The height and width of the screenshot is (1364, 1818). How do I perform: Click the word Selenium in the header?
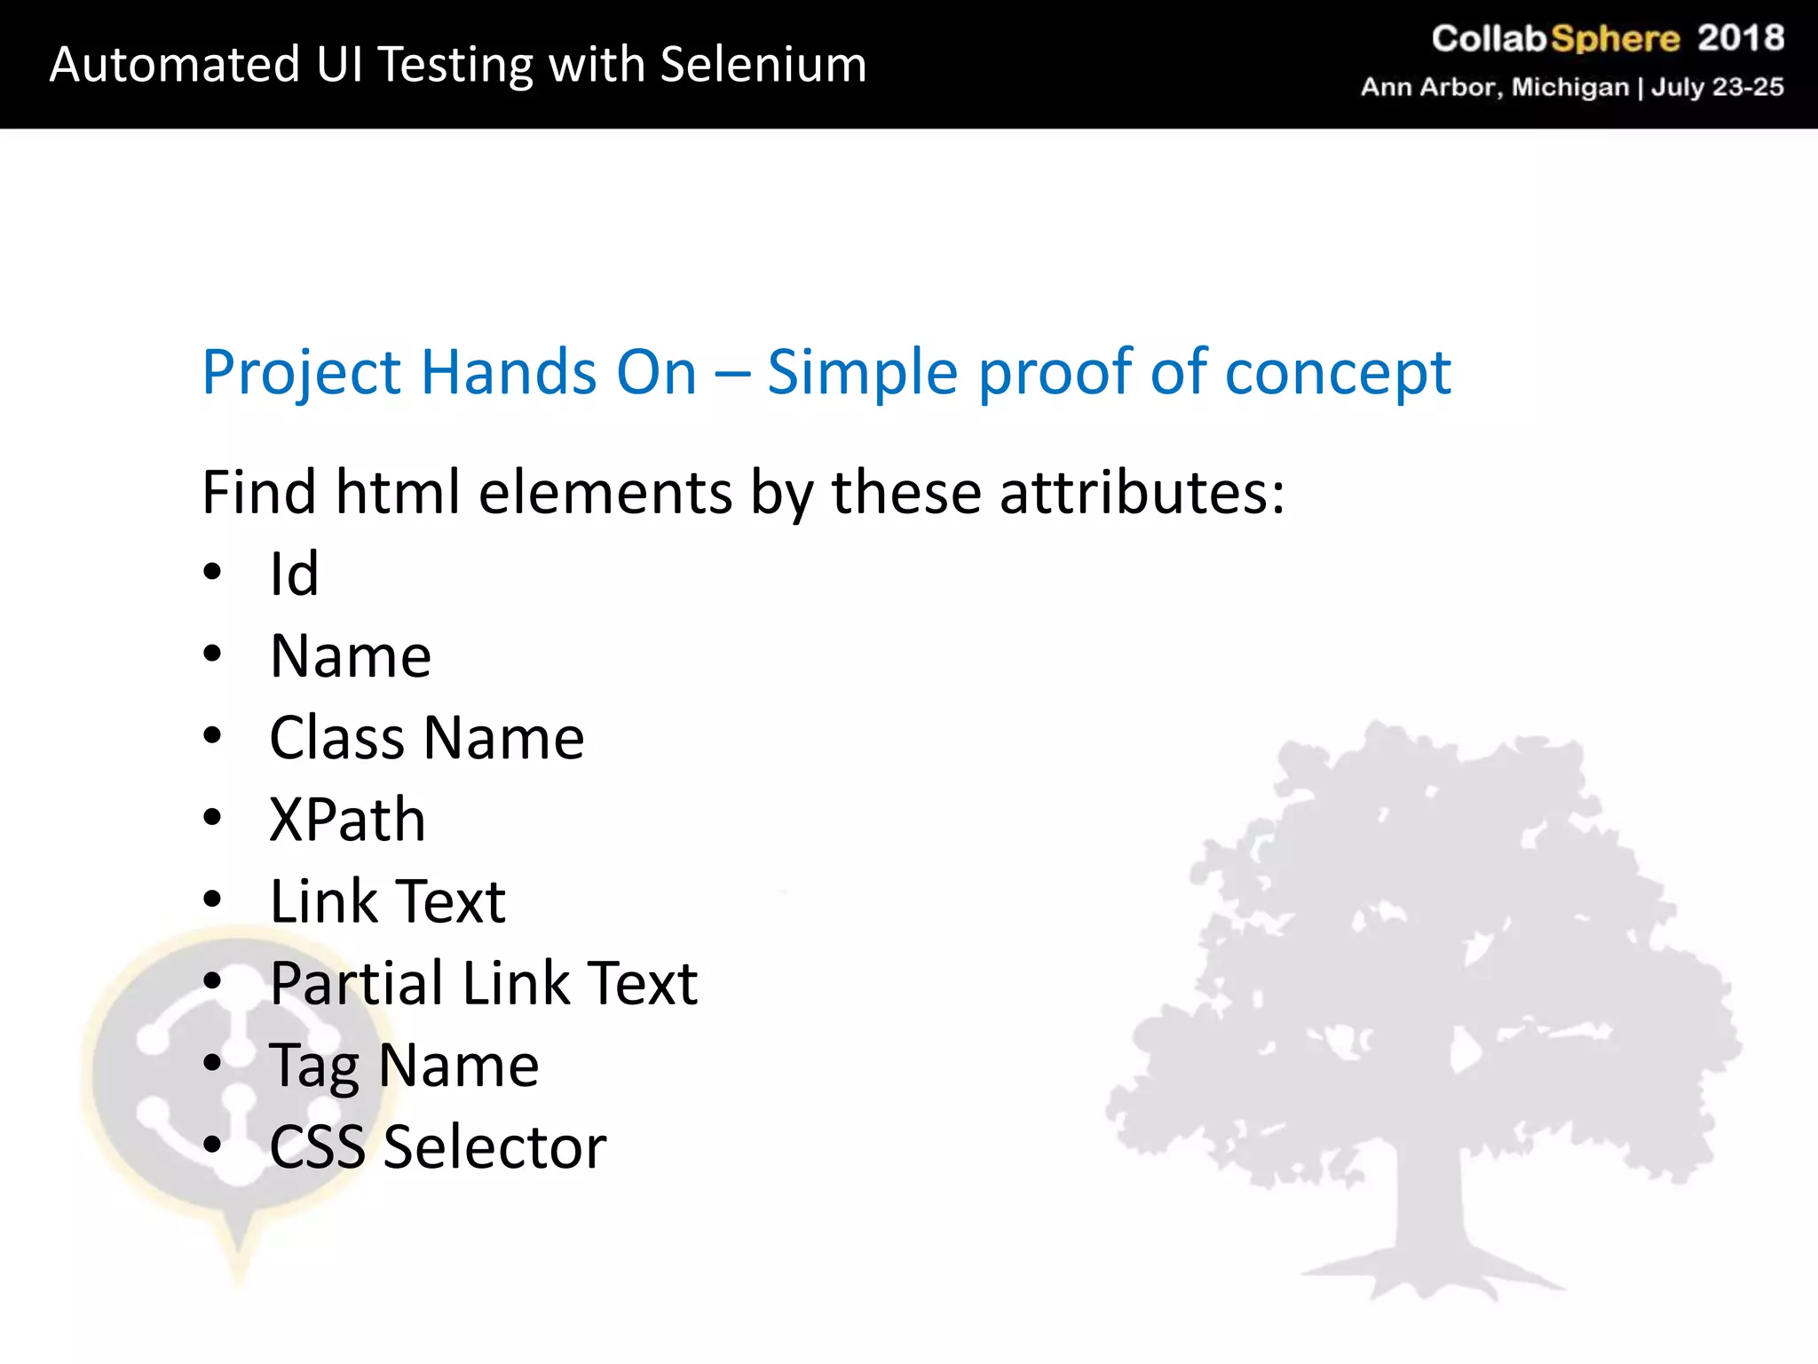763,65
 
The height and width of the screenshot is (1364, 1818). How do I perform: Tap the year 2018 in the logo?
1740,38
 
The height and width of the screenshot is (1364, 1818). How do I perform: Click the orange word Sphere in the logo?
1615,39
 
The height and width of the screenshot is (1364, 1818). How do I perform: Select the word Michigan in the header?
1570,87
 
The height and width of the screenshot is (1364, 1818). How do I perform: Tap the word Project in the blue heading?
301,373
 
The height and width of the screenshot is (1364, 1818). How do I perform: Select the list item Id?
294,574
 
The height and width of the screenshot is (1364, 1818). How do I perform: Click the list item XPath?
347,820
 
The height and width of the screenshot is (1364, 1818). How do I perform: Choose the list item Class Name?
426,738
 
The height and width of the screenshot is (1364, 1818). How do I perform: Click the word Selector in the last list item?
494,1146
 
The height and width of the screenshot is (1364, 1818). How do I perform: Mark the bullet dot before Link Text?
212,900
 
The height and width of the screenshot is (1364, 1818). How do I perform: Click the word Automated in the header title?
175,65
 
